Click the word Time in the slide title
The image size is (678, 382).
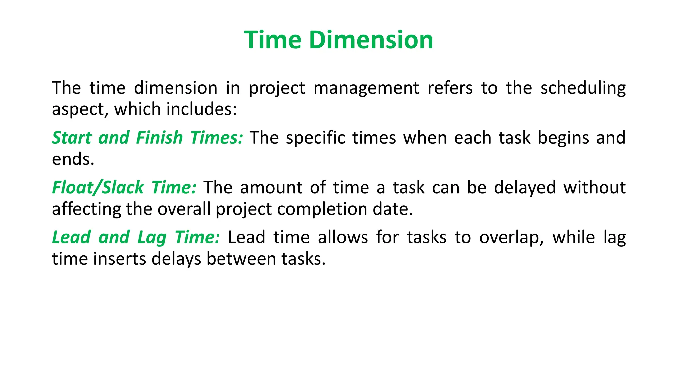click(x=272, y=40)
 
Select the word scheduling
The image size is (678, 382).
click(x=583, y=88)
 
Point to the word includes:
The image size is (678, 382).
click(x=202, y=109)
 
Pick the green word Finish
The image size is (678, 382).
click(x=159, y=138)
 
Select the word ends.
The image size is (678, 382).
click(x=73, y=159)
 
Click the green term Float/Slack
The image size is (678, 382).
click(x=98, y=188)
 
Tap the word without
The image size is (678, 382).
click(x=595, y=188)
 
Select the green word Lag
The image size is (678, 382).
click(x=152, y=238)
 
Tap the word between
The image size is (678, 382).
click(x=241, y=259)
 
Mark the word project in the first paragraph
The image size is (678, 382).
click(x=277, y=88)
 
